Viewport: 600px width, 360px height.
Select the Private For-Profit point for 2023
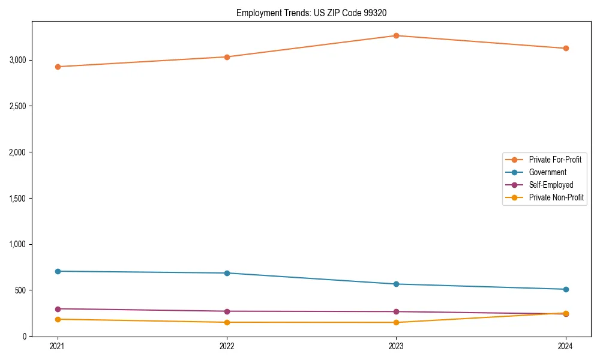[x=396, y=35]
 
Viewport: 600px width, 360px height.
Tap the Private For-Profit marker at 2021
[x=58, y=67]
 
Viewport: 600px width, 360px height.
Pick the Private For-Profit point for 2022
[x=227, y=57]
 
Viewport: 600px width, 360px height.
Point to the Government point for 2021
[x=58, y=271]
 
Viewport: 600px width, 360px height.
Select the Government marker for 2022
[x=227, y=273]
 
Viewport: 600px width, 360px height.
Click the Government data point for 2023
[x=396, y=284]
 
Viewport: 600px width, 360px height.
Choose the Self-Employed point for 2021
[x=58, y=309]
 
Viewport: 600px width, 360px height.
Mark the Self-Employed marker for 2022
[x=227, y=311]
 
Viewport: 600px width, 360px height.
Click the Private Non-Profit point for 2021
[x=58, y=319]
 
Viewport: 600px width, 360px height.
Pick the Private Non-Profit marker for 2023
[x=396, y=322]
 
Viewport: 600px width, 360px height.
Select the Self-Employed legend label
[x=551, y=185]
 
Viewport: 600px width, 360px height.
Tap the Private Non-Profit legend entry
[x=556, y=197]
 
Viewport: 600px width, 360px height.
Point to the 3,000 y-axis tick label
[x=17, y=60]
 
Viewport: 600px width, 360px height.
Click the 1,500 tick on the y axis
[x=17, y=199]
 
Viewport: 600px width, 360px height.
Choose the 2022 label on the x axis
[x=227, y=346]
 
